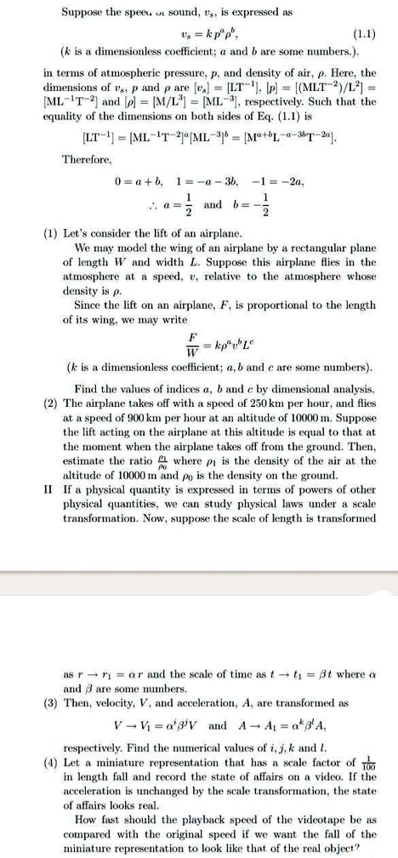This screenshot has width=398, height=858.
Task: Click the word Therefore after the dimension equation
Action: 86,158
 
